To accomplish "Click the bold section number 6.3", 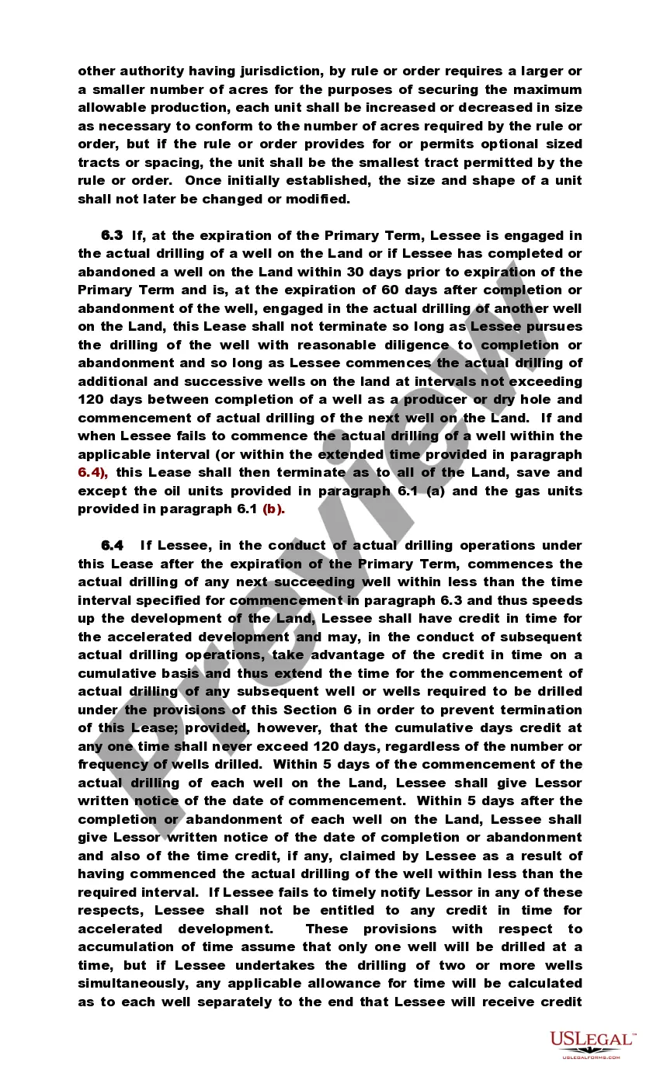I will [112, 235].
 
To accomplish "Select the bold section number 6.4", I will [112, 546].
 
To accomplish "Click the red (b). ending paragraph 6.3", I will [274, 509].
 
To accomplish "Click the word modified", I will [317, 199].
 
